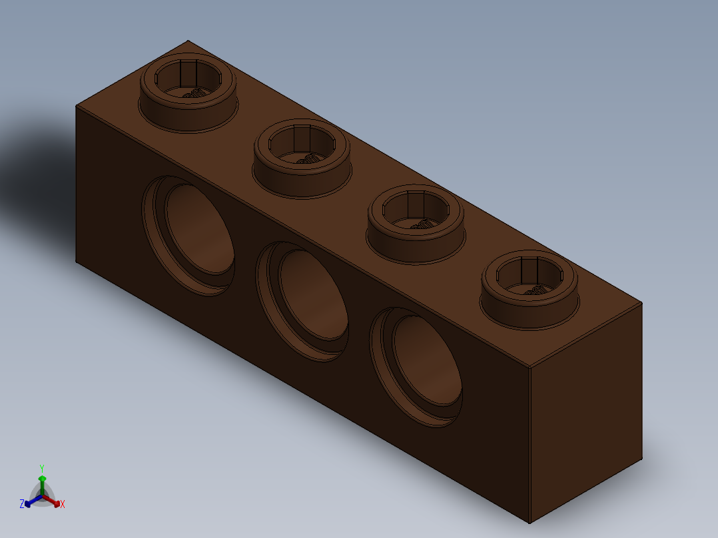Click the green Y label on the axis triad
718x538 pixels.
(42, 468)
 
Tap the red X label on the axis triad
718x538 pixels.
(63, 504)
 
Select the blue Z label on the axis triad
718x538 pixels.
(22, 503)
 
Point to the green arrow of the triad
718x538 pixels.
(42, 485)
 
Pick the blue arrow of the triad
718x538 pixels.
(33, 501)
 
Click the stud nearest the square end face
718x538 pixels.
(530, 290)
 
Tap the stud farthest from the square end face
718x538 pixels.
(188, 93)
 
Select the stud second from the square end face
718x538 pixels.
(416, 224)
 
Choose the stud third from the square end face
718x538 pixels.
(302, 158)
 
